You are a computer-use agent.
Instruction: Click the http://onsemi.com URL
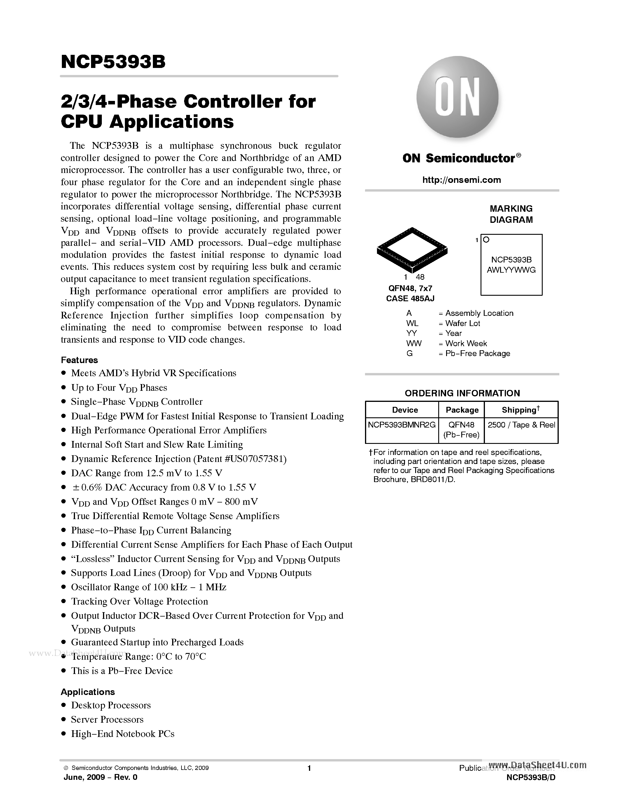click(461, 180)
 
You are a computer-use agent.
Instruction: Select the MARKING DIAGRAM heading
click(511, 214)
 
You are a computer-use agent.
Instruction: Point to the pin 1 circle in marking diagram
click(486, 240)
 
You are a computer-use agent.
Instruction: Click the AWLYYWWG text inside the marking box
click(511, 270)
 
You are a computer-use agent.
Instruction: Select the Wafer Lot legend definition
click(462, 323)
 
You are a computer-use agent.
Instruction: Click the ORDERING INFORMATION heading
click(462, 393)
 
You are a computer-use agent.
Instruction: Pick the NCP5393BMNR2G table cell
click(402, 425)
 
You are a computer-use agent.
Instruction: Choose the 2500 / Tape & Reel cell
click(521, 425)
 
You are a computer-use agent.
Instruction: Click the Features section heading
click(79, 360)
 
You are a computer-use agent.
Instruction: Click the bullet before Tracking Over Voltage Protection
click(64, 601)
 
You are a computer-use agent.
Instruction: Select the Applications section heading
click(88, 692)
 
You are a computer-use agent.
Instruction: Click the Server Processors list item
click(107, 719)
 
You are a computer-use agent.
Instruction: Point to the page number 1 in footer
click(309, 768)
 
